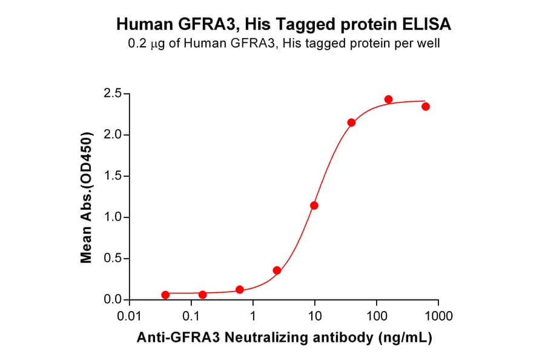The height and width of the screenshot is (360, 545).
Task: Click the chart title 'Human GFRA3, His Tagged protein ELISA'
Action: [x=283, y=25]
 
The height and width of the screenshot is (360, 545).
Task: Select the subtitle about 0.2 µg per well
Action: [x=283, y=44]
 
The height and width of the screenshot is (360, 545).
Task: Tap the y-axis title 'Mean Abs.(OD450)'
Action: [x=87, y=197]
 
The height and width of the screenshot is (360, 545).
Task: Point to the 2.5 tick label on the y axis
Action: [x=113, y=93]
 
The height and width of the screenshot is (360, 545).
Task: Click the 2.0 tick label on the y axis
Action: [x=113, y=135]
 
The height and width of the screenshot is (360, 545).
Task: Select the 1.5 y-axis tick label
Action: [x=113, y=176]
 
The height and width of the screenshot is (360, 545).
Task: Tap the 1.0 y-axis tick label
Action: [x=113, y=218]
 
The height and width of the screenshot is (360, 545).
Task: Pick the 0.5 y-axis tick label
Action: [x=113, y=259]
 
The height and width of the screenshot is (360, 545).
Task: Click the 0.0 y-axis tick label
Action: [x=113, y=300]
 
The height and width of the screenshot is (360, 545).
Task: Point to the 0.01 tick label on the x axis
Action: [x=128, y=316]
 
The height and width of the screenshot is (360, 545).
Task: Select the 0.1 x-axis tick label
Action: [x=191, y=316]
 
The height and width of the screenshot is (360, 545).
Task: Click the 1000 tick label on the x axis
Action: [x=438, y=316]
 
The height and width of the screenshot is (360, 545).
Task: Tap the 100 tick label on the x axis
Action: [x=377, y=316]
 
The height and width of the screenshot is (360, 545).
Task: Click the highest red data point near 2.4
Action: [x=388, y=99]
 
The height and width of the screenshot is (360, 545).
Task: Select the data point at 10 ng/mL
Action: [x=314, y=205]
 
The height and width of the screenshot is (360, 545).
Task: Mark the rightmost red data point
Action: [x=426, y=107]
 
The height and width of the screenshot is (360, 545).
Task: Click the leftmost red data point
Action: [x=165, y=295]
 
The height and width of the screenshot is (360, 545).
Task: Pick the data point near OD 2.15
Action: [x=351, y=122]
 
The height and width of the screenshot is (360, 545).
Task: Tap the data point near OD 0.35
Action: [x=277, y=270]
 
